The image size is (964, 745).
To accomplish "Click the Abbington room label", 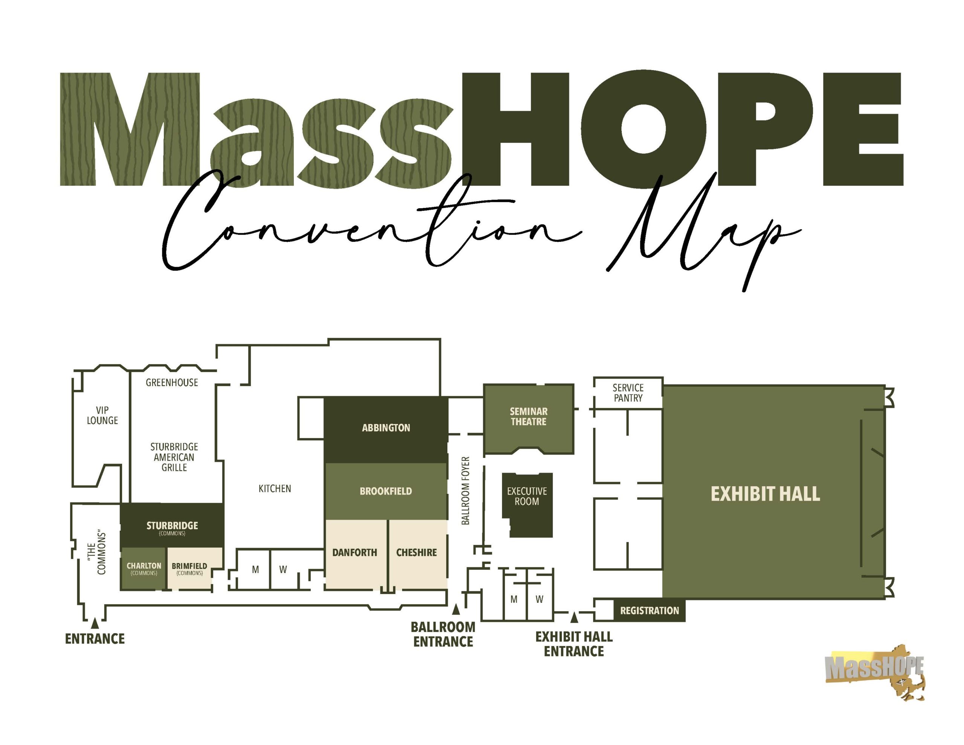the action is pyautogui.click(x=386, y=427).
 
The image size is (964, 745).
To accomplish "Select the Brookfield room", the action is pyautogui.click(x=386, y=491).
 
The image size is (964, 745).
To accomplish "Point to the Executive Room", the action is pyautogui.click(x=527, y=505).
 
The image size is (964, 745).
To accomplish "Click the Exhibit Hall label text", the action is pyautogui.click(x=765, y=494).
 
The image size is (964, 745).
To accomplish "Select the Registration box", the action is pyautogui.click(x=649, y=610).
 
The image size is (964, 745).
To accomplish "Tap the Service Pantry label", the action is pyautogui.click(x=628, y=392).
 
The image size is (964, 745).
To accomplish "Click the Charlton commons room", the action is pyautogui.click(x=143, y=568).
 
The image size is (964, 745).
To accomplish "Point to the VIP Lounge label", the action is pyautogui.click(x=102, y=415).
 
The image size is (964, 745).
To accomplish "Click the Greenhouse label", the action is pyautogui.click(x=172, y=382).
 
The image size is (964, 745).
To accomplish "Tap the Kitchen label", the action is pyautogui.click(x=275, y=489).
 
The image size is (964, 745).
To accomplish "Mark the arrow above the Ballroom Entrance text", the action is pyautogui.click(x=456, y=609).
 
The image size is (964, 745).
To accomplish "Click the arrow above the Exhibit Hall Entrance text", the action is pyautogui.click(x=574, y=617).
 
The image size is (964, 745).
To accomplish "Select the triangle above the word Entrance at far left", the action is pyautogui.click(x=95, y=623).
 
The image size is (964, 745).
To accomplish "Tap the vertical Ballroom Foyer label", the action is pyautogui.click(x=465, y=491).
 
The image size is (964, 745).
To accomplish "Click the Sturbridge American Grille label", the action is pyautogui.click(x=174, y=457).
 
